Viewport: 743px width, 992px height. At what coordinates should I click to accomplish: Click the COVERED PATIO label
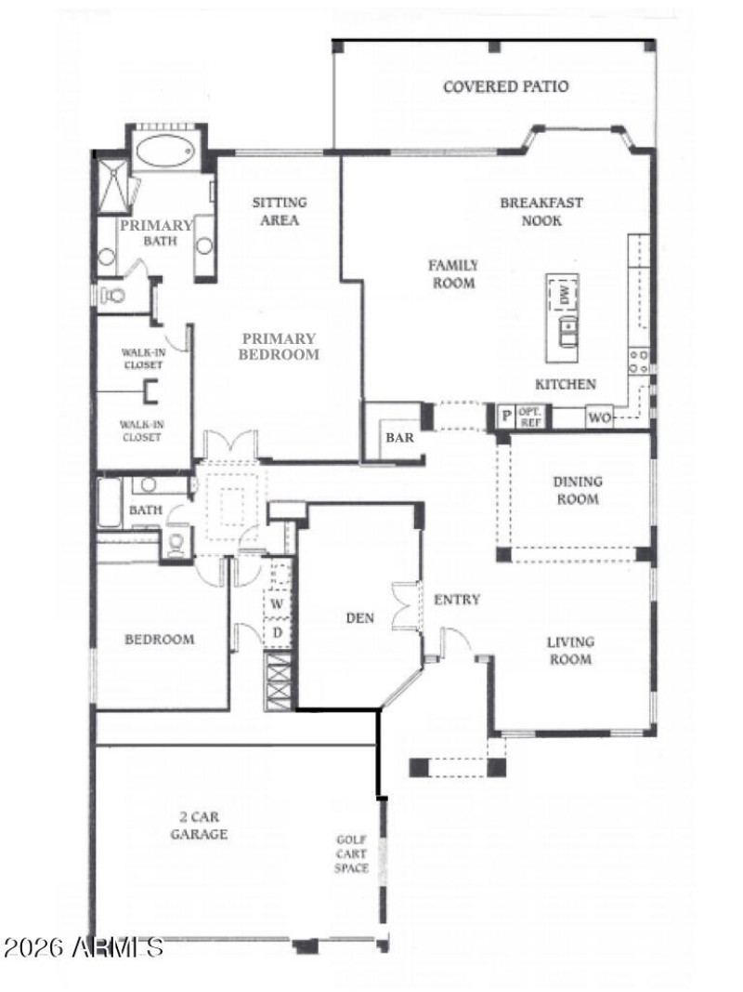click(x=505, y=87)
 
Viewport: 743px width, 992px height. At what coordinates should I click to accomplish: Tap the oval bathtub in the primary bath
click(x=163, y=149)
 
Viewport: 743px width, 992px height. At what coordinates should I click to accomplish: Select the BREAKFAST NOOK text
click(x=541, y=211)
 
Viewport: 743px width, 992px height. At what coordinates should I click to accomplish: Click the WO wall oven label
click(x=599, y=417)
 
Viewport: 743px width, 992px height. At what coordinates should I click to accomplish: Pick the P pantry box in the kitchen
click(x=506, y=417)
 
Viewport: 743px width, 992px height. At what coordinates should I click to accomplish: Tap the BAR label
click(x=399, y=436)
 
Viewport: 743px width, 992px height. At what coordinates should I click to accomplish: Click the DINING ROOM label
click(x=577, y=490)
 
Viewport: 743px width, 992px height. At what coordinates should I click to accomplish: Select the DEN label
click(x=359, y=617)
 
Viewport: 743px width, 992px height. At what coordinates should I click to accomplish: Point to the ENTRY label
click(x=457, y=600)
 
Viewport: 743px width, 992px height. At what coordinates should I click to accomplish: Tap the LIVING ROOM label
click(x=569, y=651)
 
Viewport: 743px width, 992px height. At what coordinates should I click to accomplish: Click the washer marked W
click(x=277, y=604)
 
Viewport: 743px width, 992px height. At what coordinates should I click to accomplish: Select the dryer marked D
click(x=277, y=633)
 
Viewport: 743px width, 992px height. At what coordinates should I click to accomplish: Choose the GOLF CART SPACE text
click(x=352, y=853)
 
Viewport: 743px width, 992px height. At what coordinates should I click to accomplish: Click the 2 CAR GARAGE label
click(x=199, y=826)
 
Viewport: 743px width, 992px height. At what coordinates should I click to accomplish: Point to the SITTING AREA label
click(x=280, y=211)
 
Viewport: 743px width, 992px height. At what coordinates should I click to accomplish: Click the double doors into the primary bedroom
click(x=229, y=443)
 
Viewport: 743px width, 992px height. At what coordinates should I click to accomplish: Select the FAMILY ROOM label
click(x=452, y=274)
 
